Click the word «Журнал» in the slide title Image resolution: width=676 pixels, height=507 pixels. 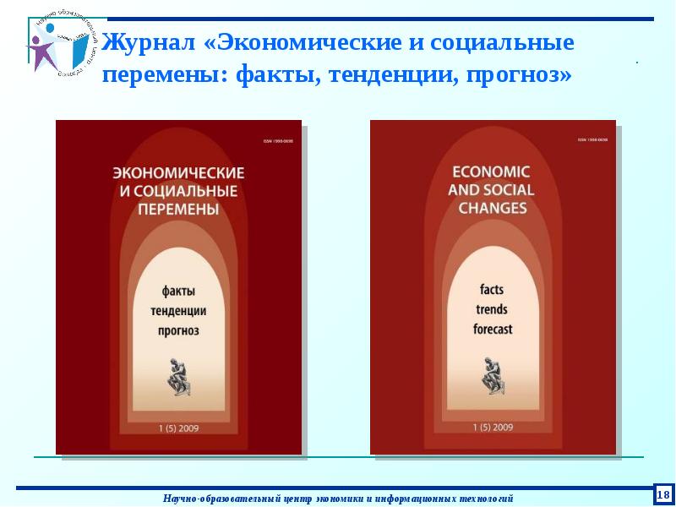tap(150, 42)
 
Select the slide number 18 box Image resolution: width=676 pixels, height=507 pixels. tap(663, 493)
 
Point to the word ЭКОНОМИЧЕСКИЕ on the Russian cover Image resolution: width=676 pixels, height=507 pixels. tap(178, 172)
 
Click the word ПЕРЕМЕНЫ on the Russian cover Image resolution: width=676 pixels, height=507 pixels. tap(178, 209)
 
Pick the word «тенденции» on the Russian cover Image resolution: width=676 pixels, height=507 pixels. tap(178, 311)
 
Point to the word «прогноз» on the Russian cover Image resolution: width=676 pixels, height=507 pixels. tap(178, 330)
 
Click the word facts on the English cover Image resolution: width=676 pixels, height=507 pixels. tap(492, 291)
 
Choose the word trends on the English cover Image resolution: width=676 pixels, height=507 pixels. tap(492, 310)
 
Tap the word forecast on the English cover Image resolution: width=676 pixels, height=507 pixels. tap(492, 330)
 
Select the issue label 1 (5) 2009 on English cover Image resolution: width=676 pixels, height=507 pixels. tap(492, 428)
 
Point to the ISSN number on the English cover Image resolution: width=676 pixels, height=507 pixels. tap(591, 140)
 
